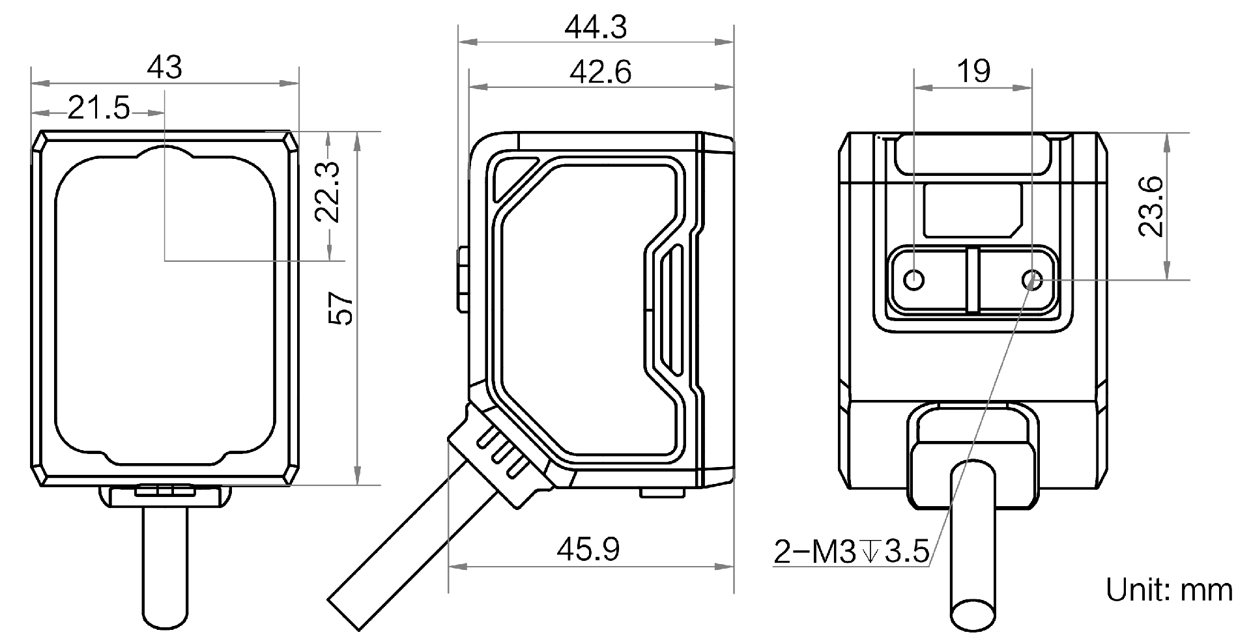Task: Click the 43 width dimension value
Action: point(164,67)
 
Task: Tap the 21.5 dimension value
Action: point(98,107)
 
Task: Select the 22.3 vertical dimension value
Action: point(328,192)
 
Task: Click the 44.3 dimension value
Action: point(596,27)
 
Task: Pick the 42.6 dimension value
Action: point(600,72)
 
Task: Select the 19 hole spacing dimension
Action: point(974,70)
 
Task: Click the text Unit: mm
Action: point(1169,590)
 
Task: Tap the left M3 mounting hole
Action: point(915,280)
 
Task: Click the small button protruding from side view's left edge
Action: point(463,278)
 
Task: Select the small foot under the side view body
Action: point(662,492)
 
